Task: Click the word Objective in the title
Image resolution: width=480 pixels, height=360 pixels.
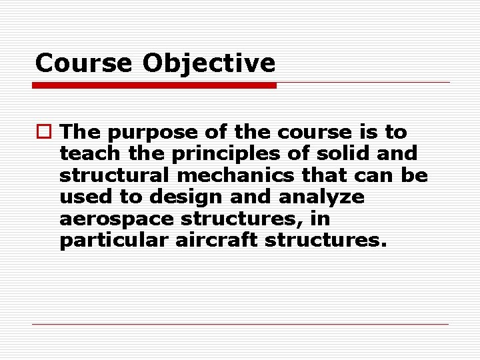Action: [x=209, y=63]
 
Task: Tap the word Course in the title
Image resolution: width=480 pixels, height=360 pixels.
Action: [x=83, y=63]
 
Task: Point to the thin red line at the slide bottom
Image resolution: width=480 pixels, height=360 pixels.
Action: [x=240, y=325]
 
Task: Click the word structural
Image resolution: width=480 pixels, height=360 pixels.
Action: [x=113, y=175]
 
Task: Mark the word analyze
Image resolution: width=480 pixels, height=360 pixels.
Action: [x=323, y=197]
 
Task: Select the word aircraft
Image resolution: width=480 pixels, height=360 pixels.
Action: [x=217, y=240]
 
